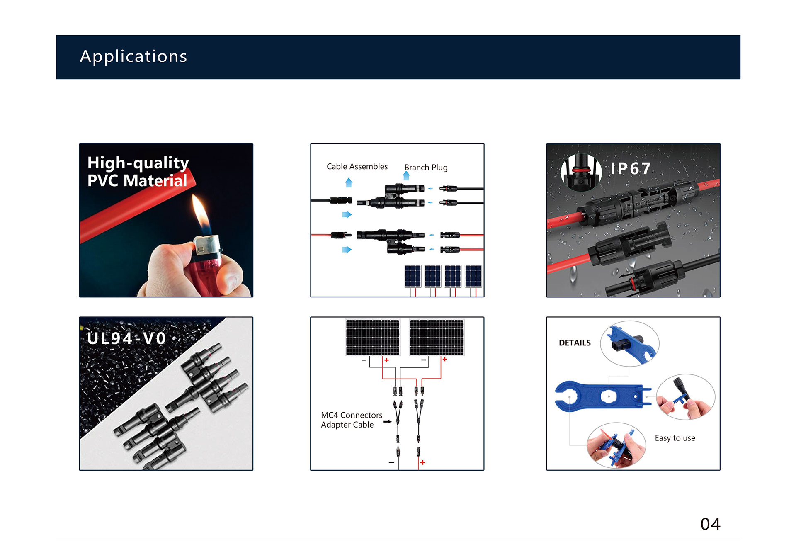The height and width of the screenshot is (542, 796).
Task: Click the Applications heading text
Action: pos(133,56)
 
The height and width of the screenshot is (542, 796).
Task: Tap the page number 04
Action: pos(710,524)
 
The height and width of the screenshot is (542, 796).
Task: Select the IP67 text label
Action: pos(630,168)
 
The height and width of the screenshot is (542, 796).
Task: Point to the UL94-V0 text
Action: pos(126,338)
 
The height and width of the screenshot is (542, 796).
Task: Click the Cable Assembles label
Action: pos(357,166)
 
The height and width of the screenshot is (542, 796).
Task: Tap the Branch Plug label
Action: pos(426,168)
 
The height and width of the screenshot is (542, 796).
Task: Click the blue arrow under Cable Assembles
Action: pos(349,182)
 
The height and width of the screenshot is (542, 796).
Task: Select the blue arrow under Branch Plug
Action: pos(406,176)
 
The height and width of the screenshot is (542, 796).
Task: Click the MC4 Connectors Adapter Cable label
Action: pos(352,420)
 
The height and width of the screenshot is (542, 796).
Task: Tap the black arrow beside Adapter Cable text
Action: pos(387,422)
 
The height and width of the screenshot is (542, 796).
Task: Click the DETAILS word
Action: pos(575,343)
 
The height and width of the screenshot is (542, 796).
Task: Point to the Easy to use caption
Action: pos(675,438)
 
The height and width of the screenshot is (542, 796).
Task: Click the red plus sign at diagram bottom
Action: pos(422,462)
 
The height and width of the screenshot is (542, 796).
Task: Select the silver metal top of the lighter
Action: pos(207,245)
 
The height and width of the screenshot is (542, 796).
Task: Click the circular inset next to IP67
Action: pos(581,172)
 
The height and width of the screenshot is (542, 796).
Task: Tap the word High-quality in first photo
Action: pos(138,163)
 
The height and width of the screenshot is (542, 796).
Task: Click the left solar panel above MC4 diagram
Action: pos(373,337)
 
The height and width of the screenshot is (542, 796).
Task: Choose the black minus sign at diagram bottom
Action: pos(391,462)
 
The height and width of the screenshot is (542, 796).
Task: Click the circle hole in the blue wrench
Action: pos(608,397)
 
